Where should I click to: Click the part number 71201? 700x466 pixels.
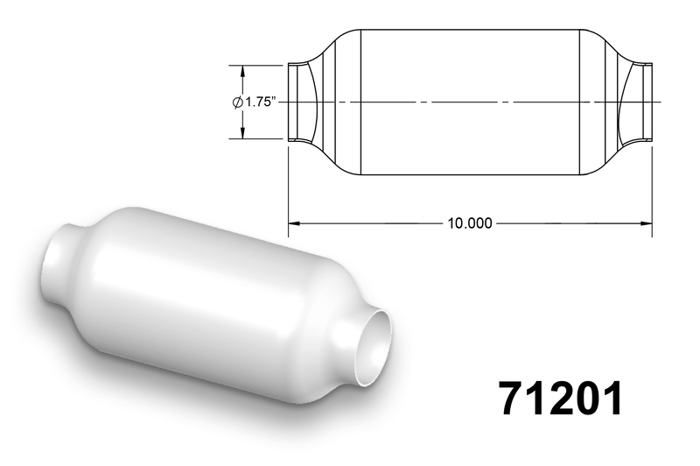[561, 399]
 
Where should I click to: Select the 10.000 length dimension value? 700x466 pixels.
[470, 223]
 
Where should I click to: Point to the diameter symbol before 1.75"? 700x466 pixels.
[237, 102]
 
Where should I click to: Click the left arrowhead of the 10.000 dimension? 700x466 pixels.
[294, 223]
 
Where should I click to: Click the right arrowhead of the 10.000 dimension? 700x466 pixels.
[646, 223]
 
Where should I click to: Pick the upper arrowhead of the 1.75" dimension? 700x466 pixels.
[243, 72]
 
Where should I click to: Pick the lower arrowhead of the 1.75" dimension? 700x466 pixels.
[243, 132]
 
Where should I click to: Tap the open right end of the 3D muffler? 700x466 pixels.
[374, 348]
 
